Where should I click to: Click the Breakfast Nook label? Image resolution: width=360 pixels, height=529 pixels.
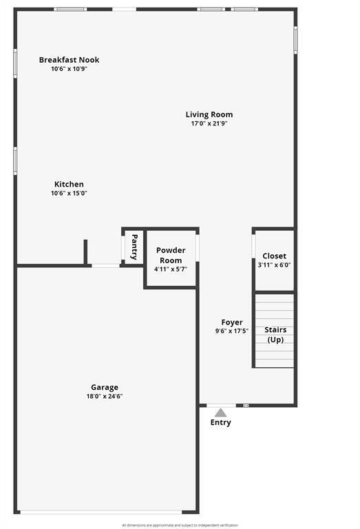point(69,60)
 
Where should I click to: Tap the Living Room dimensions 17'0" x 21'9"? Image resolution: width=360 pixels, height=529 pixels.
point(209,124)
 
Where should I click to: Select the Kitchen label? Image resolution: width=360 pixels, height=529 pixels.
point(69,184)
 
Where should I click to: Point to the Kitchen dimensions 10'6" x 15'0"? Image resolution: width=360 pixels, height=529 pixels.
point(69,194)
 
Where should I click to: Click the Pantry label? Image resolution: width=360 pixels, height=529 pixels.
point(134,246)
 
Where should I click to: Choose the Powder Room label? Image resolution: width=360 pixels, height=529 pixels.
point(171,256)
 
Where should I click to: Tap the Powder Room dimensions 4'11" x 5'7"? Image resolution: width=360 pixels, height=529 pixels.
point(171,270)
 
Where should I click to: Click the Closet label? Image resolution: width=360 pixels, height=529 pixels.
point(275,256)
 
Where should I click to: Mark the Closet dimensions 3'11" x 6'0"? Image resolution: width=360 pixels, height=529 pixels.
point(275,265)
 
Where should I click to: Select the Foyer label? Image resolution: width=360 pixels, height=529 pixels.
point(232,322)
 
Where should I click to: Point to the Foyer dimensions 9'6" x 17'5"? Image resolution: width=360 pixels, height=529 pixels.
point(232,331)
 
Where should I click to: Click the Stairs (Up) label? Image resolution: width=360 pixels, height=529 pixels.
point(275,335)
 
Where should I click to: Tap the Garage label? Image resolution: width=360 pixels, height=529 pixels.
point(105,387)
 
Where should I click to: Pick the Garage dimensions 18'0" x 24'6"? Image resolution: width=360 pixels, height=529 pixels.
point(105,397)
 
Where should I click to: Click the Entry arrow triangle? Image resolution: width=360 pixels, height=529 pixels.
point(220,412)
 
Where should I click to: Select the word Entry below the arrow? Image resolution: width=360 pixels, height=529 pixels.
point(220,422)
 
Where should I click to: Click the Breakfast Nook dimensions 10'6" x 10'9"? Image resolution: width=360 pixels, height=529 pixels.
point(69,69)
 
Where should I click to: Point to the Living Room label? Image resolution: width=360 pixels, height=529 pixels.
point(209,114)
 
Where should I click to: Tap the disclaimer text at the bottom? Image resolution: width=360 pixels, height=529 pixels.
point(180,525)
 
